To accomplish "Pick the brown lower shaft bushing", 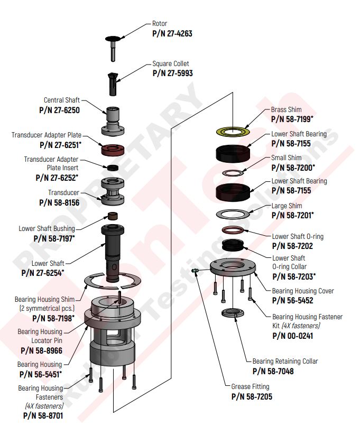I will pos(113,215).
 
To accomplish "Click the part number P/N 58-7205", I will pos(252,396).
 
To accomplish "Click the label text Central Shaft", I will pos(61,100).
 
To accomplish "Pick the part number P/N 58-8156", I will pos(59,202).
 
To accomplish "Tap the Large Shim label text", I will pos(287,206).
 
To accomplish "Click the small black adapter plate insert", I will pos(113,168).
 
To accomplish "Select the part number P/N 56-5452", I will pos(292,300).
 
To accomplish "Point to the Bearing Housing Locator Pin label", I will pos(40,336).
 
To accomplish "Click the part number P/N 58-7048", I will pos(273,371).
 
